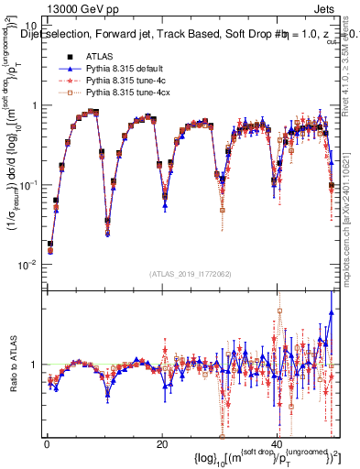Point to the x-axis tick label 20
(161, 443)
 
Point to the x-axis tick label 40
(276, 443)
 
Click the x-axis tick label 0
(47, 443)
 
